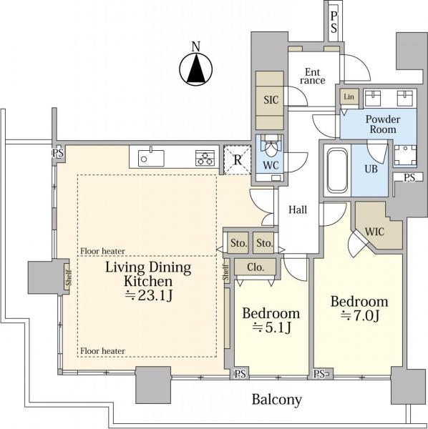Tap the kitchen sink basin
click(x=151, y=157)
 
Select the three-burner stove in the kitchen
click(x=205, y=158)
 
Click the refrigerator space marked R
click(x=238, y=159)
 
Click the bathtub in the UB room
click(x=337, y=170)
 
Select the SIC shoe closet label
click(x=271, y=100)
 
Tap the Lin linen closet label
click(x=349, y=97)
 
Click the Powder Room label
click(x=383, y=124)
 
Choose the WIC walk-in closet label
click(x=374, y=232)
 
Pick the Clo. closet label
click(x=256, y=267)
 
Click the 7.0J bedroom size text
click(x=360, y=316)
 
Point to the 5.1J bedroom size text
click(x=271, y=327)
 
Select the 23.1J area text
click(x=149, y=295)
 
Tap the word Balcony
click(x=277, y=400)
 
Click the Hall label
click(x=298, y=209)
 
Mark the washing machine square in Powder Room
click(x=404, y=155)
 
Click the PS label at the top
click(x=334, y=22)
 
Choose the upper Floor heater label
click(x=102, y=251)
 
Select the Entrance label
click(x=313, y=77)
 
